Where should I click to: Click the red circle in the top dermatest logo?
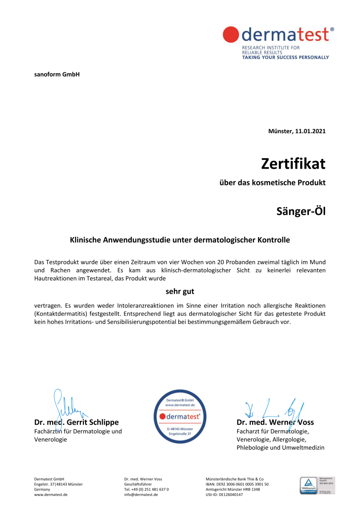click(231, 34)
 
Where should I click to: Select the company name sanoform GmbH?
click(57, 74)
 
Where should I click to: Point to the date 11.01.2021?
click(310, 131)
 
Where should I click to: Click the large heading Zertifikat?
click(293, 163)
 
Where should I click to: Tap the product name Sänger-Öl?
click(301, 211)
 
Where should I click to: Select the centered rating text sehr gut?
click(180, 291)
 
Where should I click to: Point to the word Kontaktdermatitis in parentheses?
click(60, 314)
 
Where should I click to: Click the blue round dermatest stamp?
click(180, 416)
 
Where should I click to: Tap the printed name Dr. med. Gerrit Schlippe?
click(77, 422)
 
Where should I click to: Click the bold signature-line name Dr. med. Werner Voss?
click(275, 422)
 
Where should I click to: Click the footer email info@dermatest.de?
click(141, 495)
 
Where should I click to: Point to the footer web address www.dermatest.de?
click(51, 495)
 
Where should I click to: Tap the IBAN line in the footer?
click(237, 484)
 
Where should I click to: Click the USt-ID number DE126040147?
click(231, 495)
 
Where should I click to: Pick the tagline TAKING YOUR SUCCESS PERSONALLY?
click(286, 58)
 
